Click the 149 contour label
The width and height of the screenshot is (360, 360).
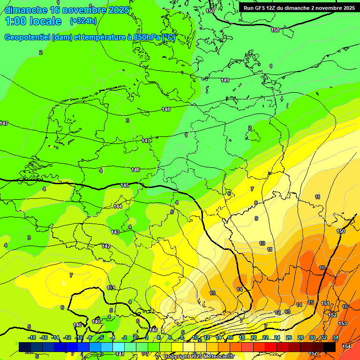225,80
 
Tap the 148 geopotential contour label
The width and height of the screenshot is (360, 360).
166,109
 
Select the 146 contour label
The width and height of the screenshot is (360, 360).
135,170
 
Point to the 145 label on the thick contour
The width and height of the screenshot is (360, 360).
125,186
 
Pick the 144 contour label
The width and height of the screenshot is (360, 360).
118,206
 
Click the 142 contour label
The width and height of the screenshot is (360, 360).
106,246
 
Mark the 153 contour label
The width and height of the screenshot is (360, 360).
343,324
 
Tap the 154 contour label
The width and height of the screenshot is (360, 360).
346,346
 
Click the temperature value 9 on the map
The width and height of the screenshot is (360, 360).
256,218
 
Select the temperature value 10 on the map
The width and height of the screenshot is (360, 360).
262,243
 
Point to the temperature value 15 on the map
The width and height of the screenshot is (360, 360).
311,302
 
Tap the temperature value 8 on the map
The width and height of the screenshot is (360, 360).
256,203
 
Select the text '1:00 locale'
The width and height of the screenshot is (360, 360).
33,21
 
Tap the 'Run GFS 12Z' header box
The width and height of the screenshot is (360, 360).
299,8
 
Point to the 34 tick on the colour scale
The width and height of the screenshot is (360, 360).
336,337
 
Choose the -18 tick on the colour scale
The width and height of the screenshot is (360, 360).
32,337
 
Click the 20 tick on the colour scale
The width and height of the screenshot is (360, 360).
254,337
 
